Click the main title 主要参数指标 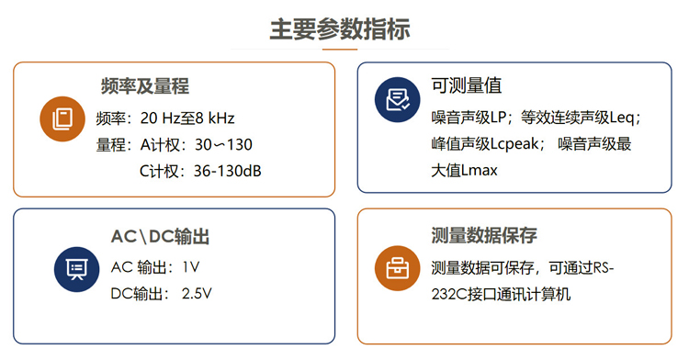344,28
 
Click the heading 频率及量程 145,87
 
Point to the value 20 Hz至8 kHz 187,118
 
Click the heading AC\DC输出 160,237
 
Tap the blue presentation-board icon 77,268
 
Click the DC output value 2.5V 197,294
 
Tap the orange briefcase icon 398,268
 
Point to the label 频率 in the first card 109,118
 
